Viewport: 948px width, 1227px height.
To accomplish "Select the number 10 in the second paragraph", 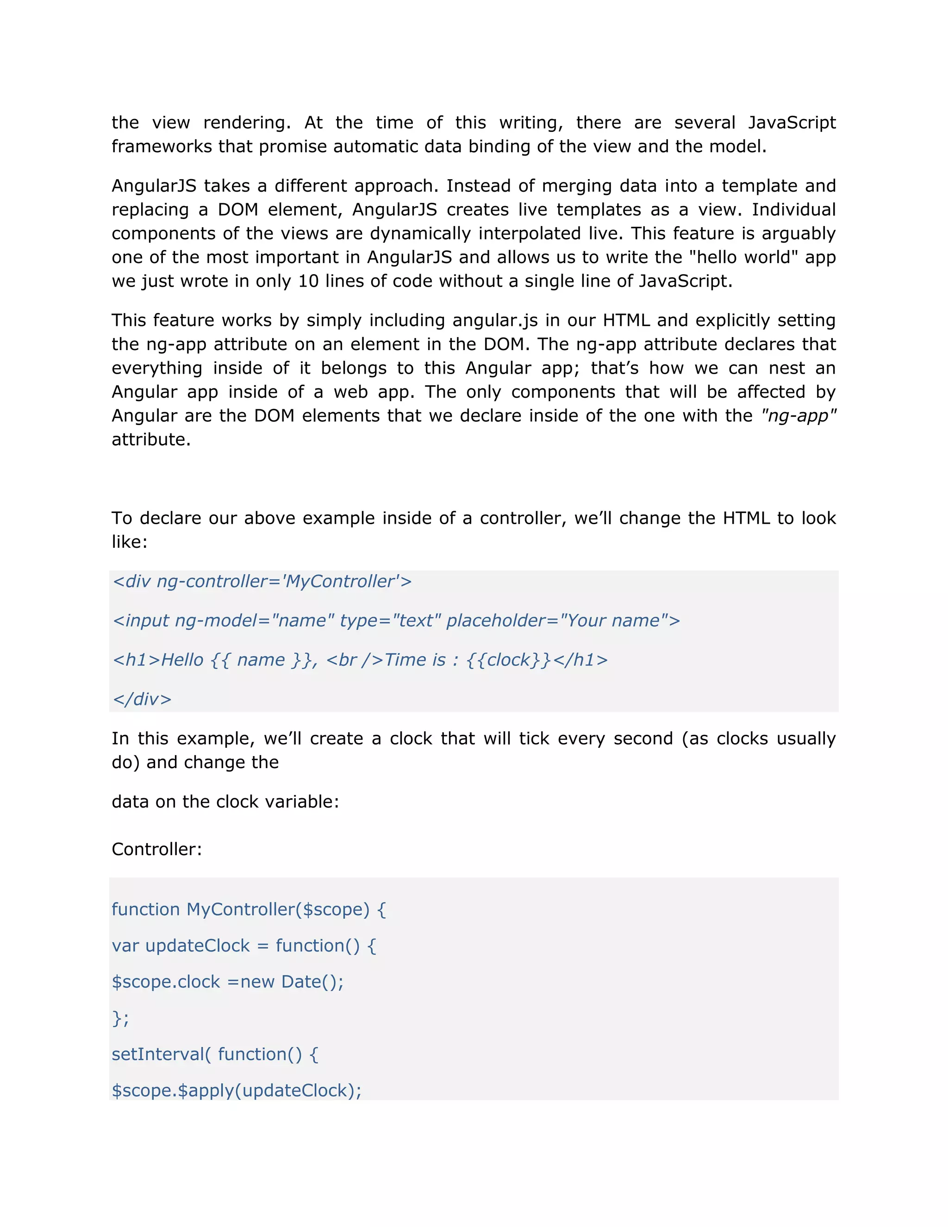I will tap(308, 281).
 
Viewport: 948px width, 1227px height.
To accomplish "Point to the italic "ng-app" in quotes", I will tap(798, 416).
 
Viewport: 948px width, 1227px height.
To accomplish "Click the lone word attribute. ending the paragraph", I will tap(151, 439).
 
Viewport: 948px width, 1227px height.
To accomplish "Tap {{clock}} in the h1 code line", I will tap(508, 659).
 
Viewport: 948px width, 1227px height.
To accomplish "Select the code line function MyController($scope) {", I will tap(249, 909).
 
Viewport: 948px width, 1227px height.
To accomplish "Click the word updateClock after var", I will tap(197, 945).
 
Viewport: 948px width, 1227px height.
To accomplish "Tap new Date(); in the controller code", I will tap(292, 982).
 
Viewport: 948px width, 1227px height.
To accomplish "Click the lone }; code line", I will tap(120, 1018).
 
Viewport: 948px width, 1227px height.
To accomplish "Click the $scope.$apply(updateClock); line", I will tap(237, 1090).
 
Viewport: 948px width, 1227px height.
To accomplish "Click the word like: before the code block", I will tap(129, 542).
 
